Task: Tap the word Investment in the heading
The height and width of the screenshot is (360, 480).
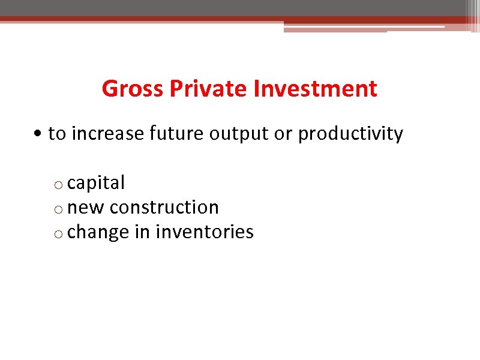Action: click(x=316, y=89)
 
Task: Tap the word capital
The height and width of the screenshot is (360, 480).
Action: click(x=96, y=183)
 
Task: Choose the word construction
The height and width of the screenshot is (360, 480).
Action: click(x=164, y=207)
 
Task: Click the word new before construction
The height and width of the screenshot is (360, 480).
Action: click(x=86, y=208)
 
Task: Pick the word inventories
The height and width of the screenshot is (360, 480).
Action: click(x=205, y=232)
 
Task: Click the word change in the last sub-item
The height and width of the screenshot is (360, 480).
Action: click(x=98, y=232)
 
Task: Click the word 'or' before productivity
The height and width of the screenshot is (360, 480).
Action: click(x=283, y=134)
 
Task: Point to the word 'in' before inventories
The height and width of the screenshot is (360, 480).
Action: click(x=142, y=231)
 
